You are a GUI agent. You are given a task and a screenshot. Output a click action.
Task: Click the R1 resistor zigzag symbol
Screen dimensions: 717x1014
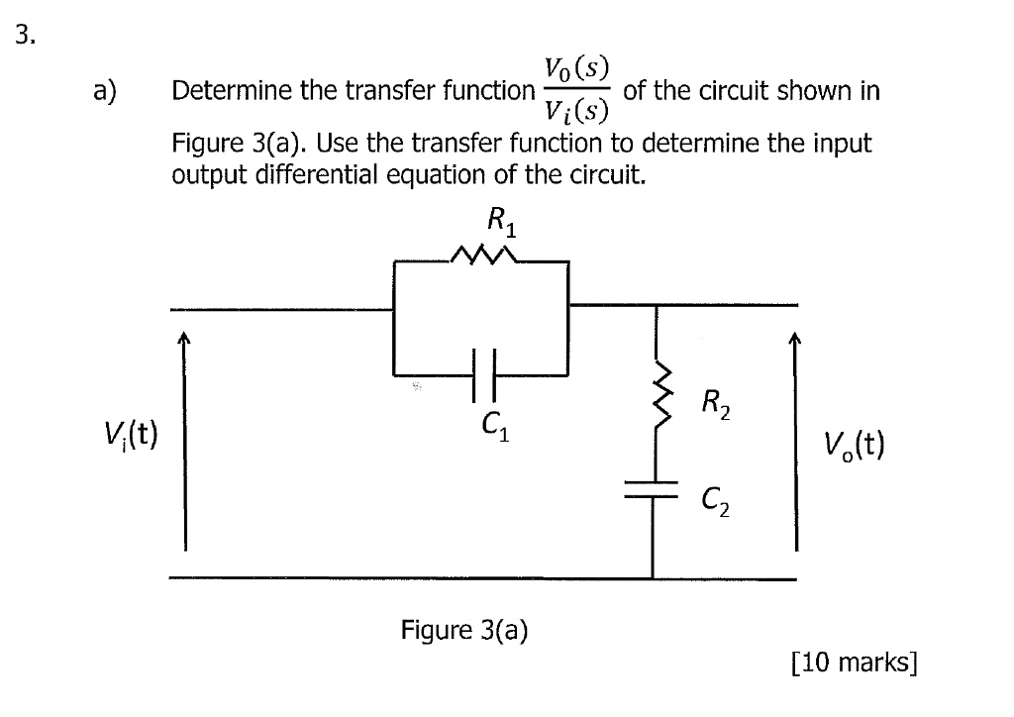click(x=481, y=259)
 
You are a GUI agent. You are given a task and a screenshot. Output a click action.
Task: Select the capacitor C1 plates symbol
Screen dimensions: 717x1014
click(x=482, y=375)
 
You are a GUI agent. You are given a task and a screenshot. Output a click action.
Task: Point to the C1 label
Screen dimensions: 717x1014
click(x=494, y=428)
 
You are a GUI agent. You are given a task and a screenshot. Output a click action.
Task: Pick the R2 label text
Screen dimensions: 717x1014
click(x=716, y=404)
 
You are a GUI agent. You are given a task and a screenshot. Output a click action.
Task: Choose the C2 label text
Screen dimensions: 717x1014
click(x=717, y=508)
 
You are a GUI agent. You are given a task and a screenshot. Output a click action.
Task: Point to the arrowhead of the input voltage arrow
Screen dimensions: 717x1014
click(x=184, y=341)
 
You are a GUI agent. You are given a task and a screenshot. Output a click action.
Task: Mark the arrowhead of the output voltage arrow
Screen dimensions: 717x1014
click(x=794, y=341)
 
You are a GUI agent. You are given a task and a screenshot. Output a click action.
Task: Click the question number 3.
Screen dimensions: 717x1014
click(x=26, y=38)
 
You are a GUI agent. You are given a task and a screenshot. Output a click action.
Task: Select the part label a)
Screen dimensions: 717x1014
click(x=106, y=91)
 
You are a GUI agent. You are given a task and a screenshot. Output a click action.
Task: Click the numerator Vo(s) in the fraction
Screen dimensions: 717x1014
click(x=576, y=71)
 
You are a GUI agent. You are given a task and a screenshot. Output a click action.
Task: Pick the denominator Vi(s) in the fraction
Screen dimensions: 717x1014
click(x=576, y=111)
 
